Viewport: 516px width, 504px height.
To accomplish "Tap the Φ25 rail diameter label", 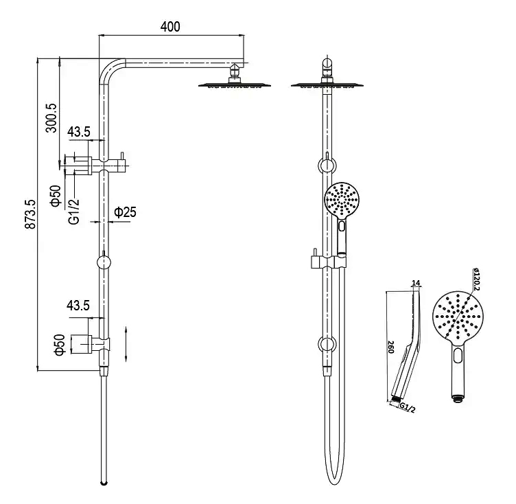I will [125, 213].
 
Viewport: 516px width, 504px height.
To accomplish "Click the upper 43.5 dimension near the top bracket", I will [79, 130].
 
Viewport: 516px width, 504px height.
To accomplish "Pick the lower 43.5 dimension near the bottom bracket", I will [79, 306].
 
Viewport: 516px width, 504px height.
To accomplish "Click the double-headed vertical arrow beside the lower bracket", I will [127, 343].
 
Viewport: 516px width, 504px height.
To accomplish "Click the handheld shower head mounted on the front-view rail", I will [340, 200].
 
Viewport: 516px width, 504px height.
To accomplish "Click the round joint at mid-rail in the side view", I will [103, 262].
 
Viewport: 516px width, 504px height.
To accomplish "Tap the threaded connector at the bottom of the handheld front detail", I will [458, 396].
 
